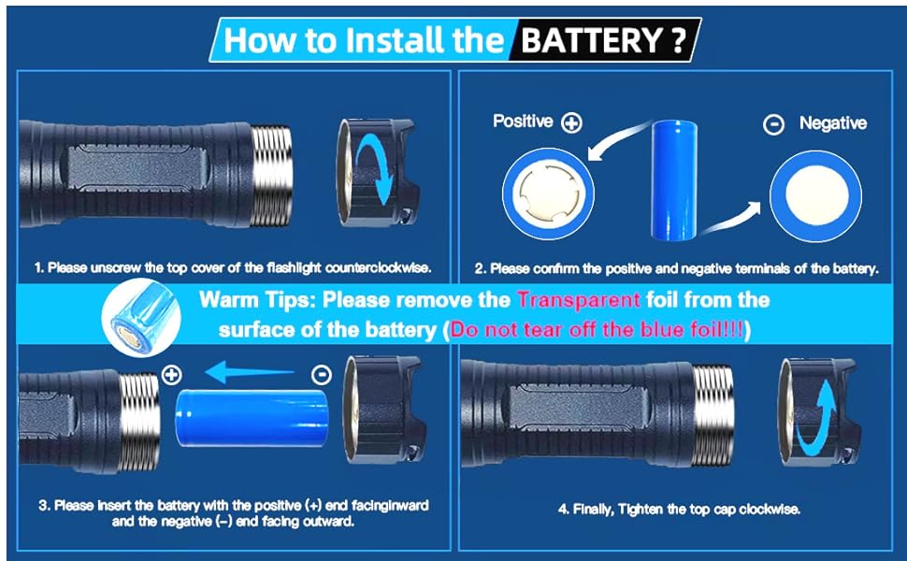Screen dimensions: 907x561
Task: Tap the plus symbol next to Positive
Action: click(571, 122)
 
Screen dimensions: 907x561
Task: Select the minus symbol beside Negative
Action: click(773, 124)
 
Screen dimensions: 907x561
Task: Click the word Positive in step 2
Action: click(523, 121)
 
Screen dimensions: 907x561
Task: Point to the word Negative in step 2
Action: click(833, 122)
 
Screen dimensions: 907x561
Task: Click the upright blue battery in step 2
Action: click(674, 180)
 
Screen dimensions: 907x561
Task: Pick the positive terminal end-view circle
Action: click(548, 194)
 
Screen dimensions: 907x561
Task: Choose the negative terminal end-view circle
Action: click(815, 195)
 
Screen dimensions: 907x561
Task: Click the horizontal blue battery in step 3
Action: click(252, 418)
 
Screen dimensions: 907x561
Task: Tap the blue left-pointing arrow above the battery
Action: click(250, 373)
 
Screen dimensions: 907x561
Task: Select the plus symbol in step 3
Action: click(172, 375)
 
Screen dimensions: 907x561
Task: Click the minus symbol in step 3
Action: click(322, 375)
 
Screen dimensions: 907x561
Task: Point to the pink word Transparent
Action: click(579, 299)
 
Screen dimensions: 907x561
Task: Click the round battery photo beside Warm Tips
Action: click(141, 317)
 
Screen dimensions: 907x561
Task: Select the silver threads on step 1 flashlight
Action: click(272, 174)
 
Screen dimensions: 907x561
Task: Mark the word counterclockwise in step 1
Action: click(379, 267)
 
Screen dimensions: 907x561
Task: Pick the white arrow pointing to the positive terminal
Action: click(619, 137)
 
